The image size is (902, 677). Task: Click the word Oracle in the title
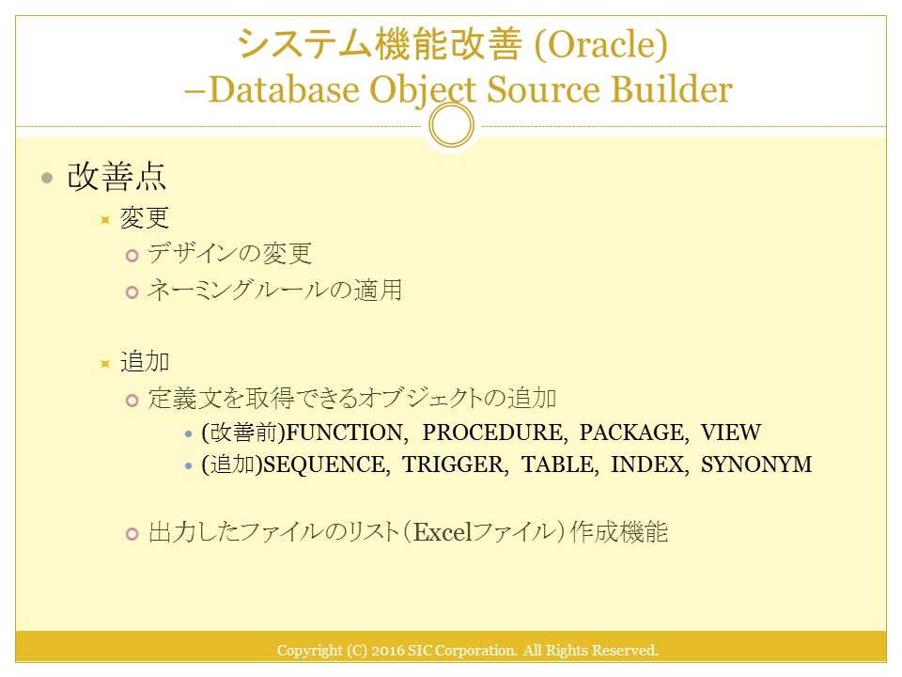[601, 44]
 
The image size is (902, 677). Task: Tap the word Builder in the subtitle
[671, 89]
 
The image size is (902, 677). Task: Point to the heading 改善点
[117, 176]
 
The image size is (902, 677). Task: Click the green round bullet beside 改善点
[47, 178]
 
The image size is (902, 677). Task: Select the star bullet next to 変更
[104, 220]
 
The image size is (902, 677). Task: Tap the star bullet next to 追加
[104, 364]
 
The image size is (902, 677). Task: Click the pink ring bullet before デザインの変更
[132, 256]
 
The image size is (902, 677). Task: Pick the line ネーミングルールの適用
[274, 290]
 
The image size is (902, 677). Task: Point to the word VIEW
[731, 433]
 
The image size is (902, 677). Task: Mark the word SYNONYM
[755, 464]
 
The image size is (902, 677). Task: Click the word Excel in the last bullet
[443, 532]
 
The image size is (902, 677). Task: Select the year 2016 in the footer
[388, 651]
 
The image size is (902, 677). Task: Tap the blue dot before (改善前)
[188, 433]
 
